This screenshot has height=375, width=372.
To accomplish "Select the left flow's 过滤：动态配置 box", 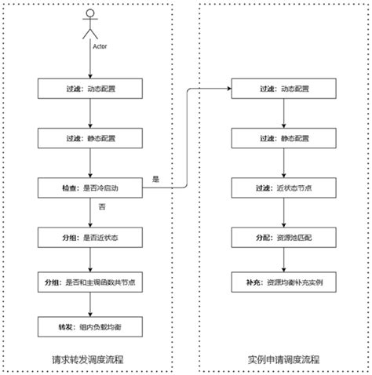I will (x=90, y=89).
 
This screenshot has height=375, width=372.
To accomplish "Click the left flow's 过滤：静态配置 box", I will (x=90, y=138).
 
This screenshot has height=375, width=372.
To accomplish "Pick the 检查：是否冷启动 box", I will (x=90, y=187).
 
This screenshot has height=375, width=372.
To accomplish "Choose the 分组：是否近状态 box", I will (x=90, y=237).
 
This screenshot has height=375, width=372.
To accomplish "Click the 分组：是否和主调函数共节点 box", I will (x=90, y=282).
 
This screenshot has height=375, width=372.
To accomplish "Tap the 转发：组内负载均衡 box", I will (x=90, y=327).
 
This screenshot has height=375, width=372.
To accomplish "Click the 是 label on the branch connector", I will (x=155, y=180).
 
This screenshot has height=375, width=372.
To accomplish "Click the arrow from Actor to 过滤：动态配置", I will (x=90, y=64).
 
